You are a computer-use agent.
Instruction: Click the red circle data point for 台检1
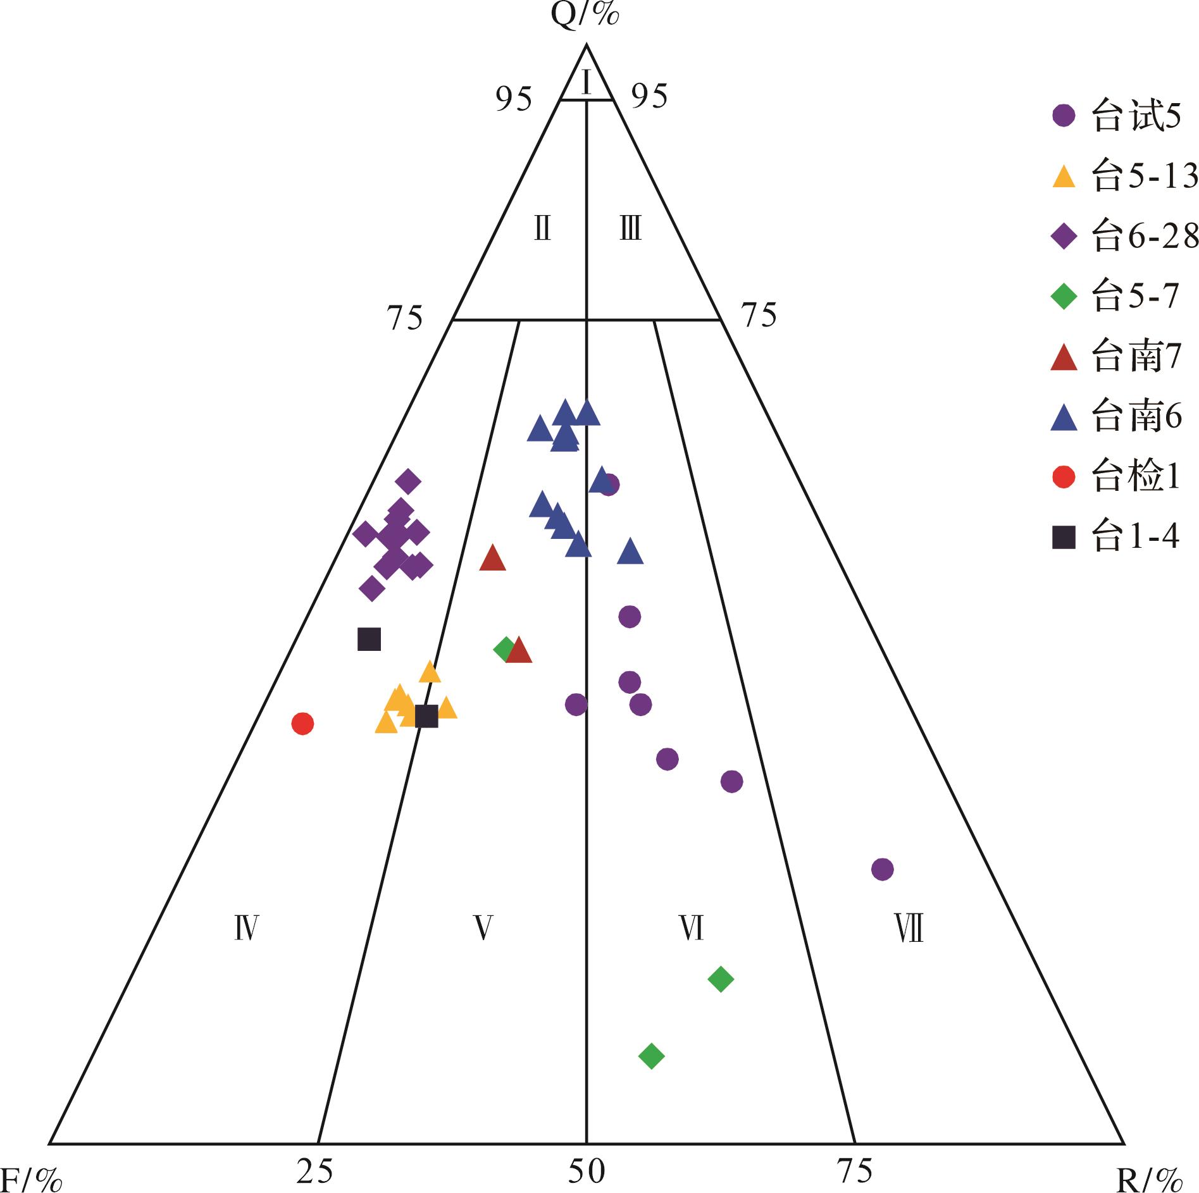tap(302, 723)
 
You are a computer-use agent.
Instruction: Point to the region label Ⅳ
tap(246, 929)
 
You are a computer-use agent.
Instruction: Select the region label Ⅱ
tap(542, 228)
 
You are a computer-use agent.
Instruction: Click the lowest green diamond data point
tap(652, 1055)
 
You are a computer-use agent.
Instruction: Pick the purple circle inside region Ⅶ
tap(882, 869)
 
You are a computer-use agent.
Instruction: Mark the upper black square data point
tap(369, 639)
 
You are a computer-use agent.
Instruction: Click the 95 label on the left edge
tap(514, 99)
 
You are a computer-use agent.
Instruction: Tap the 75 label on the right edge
tap(759, 315)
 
